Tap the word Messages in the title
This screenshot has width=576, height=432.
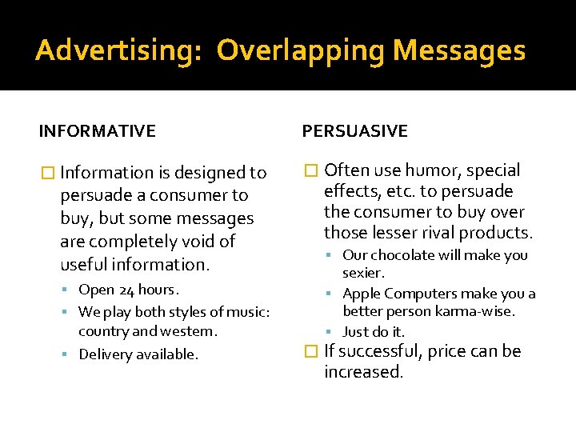click(459, 50)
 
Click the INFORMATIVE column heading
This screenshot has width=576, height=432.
click(98, 130)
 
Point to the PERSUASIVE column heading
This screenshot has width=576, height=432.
click(354, 130)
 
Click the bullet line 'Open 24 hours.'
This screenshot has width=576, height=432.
click(129, 290)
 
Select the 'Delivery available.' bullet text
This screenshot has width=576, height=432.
click(138, 354)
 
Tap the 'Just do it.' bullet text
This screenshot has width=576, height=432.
click(374, 331)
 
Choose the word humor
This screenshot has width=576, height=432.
click(432, 170)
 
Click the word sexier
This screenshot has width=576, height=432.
click(364, 273)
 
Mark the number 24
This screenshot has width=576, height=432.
click(127, 290)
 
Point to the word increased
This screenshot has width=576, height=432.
click(364, 372)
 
